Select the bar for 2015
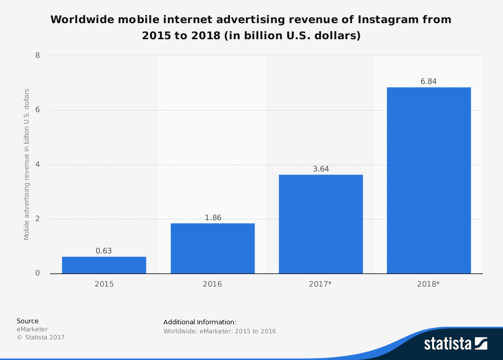(x=104, y=265)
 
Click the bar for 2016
(x=212, y=248)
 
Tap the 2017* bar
(x=320, y=224)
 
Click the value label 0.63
(x=104, y=251)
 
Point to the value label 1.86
(x=212, y=218)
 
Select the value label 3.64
(x=320, y=169)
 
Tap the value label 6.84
(x=429, y=81)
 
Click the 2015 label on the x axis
(x=104, y=284)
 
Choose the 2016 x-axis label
(x=212, y=284)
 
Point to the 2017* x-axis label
(x=320, y=284)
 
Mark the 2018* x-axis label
(x=429, y=284)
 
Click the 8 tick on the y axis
(x=38, y=55)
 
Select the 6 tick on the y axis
(x=38, y=110)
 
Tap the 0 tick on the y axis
(x=38, y=274)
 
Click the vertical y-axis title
(x=27, y=164)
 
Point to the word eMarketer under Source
(x=32, y=329)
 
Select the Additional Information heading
(x=200, y=322)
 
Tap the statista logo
(x=455, y=343)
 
